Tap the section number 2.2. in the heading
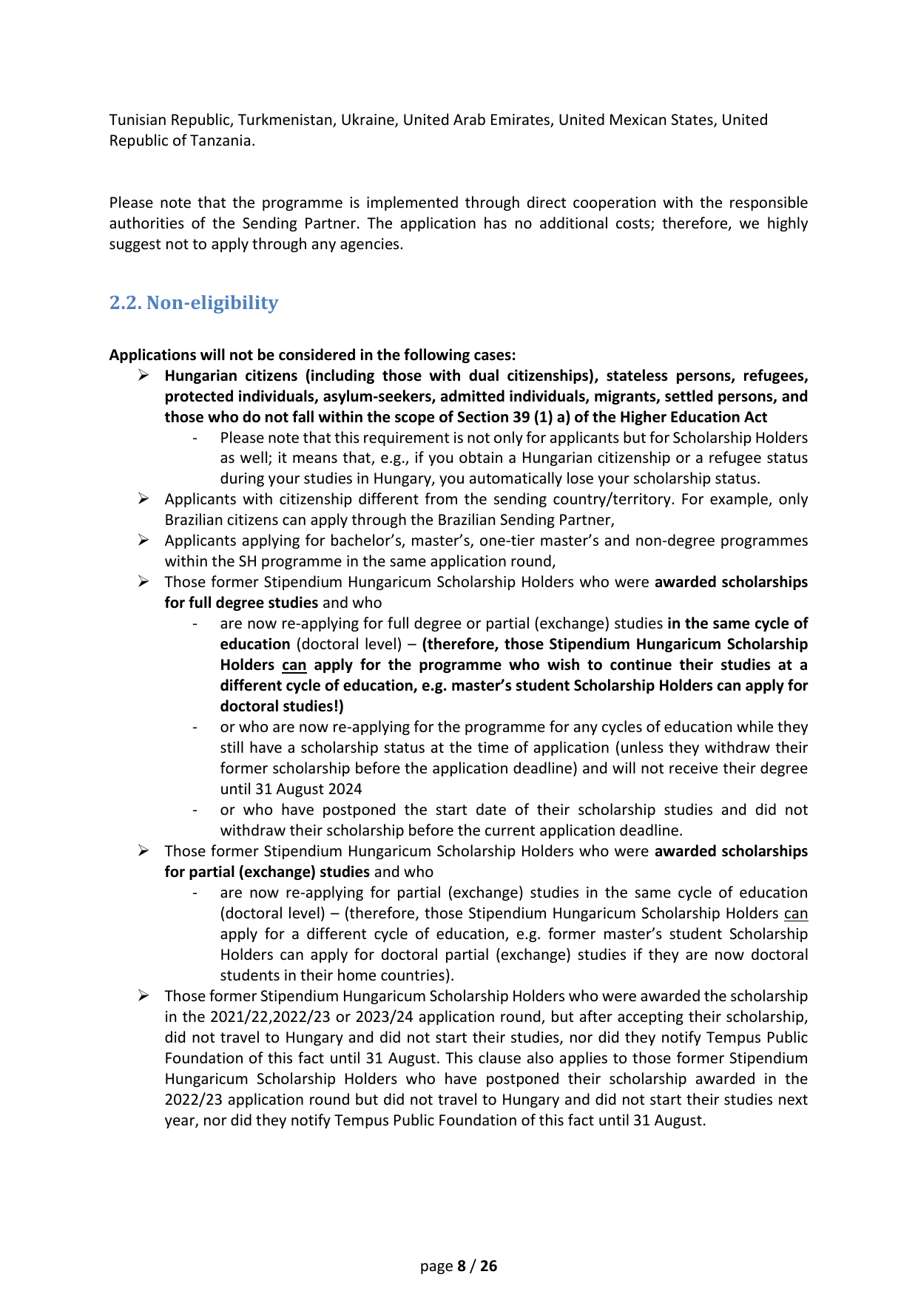125,302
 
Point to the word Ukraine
367,120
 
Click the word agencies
374,244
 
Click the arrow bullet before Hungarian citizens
144,376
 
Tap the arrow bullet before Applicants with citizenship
144,499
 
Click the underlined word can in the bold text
294,665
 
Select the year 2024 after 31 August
343,789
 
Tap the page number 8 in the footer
462,1266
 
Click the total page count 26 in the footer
489,1266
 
